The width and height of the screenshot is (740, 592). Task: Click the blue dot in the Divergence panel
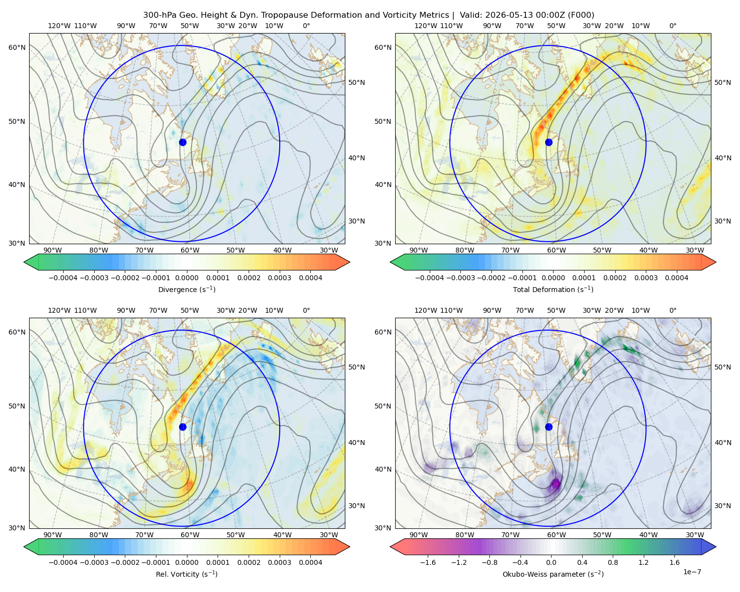pyautogui.click(x=183, y=142)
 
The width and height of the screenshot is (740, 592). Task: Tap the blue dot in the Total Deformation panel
pyautogui.click(x=549, y=142)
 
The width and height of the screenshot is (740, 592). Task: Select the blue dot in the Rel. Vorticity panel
pyautogui.click(x=183, y=427)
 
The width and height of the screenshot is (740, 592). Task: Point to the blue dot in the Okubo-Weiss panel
pyautogui.click(x=549, y=427)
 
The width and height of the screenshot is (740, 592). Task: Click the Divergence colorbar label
pyautogui.click(x=186, y=289)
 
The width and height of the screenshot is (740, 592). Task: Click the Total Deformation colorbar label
pyautogui.click(x=553, y=289)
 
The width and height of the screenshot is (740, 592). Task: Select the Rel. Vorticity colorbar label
pyautogui.click(x=186, y=574)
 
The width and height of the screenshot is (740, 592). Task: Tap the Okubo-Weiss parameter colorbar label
pyautogui.click(x=553, y=574)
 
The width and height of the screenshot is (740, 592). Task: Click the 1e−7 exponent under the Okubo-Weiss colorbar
pyautogui.click(x=692, y=572)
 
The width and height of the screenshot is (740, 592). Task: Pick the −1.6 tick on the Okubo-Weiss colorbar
pyautogui.click(x=428, y=562)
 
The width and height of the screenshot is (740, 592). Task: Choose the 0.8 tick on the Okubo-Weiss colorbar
pyautogui.click(x=613, y=562)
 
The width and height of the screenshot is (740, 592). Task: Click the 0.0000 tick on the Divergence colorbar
pyautogui.click(x=186, y=278)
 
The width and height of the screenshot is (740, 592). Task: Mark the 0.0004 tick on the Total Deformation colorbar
pyautogui.click(x=676, y=278)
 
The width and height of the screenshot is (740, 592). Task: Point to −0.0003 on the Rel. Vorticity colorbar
pyautogui.click(x=94, y=562)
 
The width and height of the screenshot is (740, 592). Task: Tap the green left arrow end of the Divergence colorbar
pyautogui.click(x=31, y=262)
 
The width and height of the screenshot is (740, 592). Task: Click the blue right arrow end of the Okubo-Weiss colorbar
pyautogui.click(x=709, y=547)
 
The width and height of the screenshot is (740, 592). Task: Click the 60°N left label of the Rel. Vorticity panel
pyautogui.click(x=17, y=332)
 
